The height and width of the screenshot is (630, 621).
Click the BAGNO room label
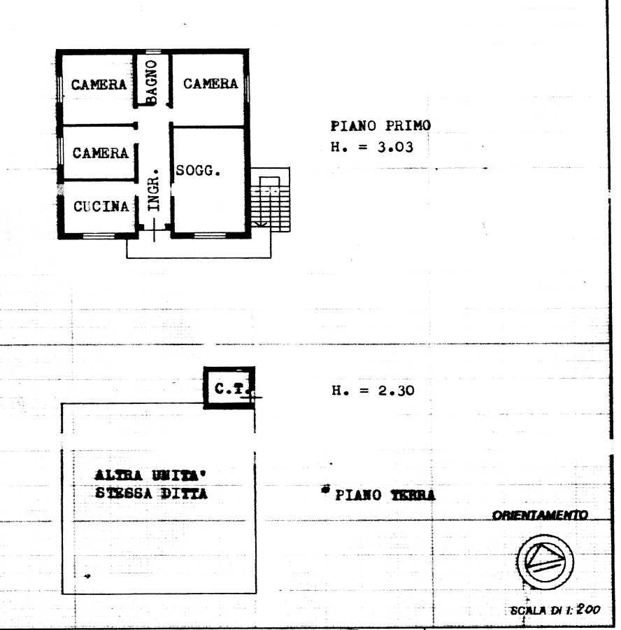pyautogui.click(x=151, y=82)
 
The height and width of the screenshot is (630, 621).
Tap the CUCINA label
pyautogui.click(x=101, y=206)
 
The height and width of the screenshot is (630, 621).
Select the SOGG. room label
pyautogui.click(x=199, y=171)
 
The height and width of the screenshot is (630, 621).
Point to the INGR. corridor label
pyautogui.click(x=154, y=190)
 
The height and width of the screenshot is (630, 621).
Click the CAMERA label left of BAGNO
pyautogui.click(x=99, y=85)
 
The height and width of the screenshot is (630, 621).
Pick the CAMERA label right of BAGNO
pyautogui.click(x=210, y=83)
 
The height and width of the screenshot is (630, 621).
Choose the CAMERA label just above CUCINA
pyautogui.click(x=101, y=153)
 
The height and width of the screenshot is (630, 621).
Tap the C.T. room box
pyautogui.click(x=229, y=388)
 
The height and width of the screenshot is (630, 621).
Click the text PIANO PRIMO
pyautogui.click(x=380, y=126)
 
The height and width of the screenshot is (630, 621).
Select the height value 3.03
pyautogui.click(x=395, y=148)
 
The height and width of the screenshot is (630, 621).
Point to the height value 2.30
pyautogui.click(x=397, y=391)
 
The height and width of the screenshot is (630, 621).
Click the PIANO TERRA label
pyautogui.click(x=385, y=495)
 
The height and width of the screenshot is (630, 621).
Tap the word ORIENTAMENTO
pyautogui.click(x=540, y=515)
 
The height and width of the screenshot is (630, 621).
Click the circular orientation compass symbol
pyautogui.click(x=545, y=561)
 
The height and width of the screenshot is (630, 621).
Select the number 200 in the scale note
pyautogui.click(x=588, y=610)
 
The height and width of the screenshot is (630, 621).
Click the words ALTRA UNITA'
pyautogui.click(x=150, y=475)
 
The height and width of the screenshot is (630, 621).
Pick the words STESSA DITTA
pyautogui.click(x=151, y=493)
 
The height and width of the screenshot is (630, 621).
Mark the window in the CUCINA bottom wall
pyautogui.click(x=99, y=235)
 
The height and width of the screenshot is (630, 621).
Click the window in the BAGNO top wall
pyautogui.click(x=153, y=51)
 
